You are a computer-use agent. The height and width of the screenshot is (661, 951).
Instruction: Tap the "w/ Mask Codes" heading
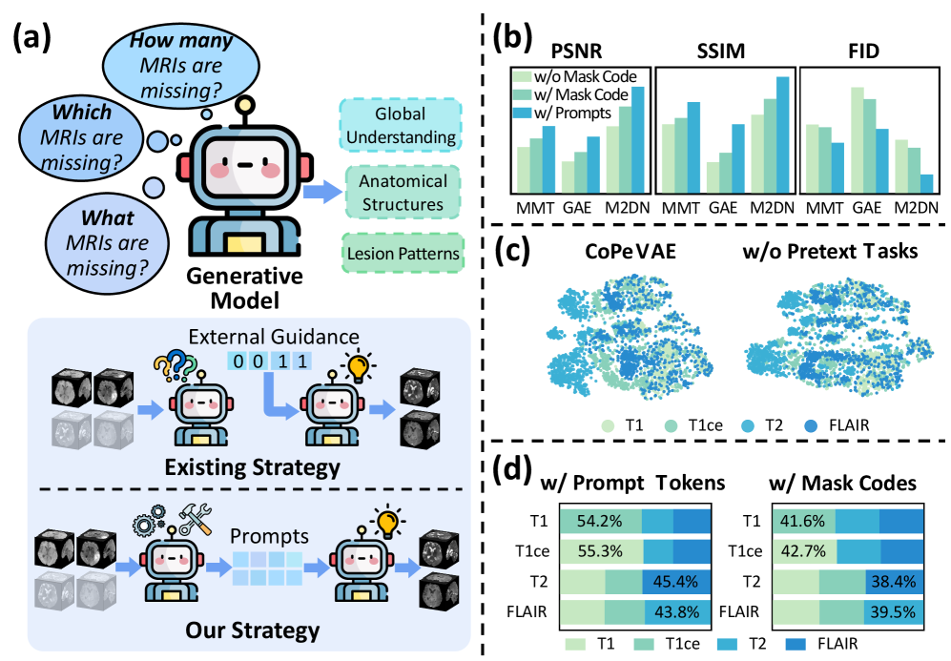coord(844,484)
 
